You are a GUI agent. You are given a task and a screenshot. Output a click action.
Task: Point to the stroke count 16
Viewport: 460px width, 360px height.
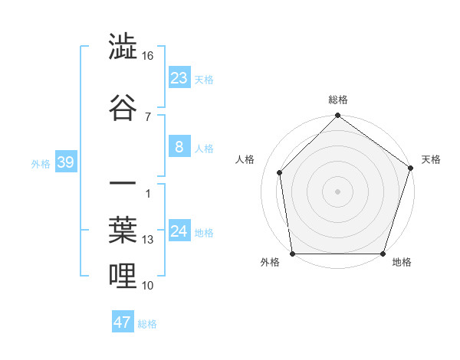point(148,56)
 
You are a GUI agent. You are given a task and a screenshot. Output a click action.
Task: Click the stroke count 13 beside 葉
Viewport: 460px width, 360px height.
point(148,240)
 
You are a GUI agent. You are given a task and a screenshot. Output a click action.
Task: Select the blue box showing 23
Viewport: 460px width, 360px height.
point(179,78)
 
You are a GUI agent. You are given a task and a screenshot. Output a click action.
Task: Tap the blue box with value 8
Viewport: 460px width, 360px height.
point(179,147)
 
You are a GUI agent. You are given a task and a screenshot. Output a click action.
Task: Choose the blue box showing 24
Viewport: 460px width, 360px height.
point(179,231)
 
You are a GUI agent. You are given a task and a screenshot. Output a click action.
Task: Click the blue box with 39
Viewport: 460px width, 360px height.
point(65,162)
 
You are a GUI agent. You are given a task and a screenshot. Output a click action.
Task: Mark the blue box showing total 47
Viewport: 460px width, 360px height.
point(123,322)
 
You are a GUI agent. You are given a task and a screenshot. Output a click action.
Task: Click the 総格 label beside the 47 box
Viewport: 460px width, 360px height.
point(147,324)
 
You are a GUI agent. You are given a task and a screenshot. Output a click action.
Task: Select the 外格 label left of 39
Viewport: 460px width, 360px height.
point(41,164)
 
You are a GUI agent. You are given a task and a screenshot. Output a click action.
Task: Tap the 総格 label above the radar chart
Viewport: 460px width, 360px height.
point(338,100)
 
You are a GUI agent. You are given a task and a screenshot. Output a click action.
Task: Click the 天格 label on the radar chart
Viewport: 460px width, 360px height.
point(432,159)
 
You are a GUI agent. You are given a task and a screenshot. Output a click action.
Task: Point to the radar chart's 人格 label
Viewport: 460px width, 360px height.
point(245,159)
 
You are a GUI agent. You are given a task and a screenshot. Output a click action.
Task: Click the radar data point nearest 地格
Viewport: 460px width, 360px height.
point(383,254)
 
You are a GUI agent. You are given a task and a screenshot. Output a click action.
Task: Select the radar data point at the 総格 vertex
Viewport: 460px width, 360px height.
point(338,116)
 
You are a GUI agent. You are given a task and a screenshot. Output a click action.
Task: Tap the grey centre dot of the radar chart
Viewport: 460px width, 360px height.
point(338,191)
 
